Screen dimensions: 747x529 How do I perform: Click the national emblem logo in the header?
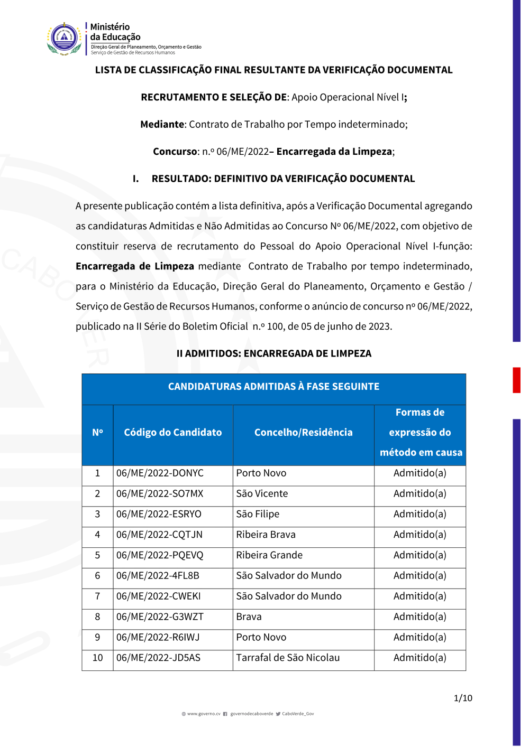click(x=64, y=39)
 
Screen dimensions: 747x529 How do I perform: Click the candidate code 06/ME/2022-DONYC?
click(x=160, y=473)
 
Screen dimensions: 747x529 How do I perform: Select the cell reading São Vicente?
click(x=262, y=494)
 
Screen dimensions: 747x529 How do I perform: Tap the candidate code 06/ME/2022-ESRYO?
click(x=159, y=515)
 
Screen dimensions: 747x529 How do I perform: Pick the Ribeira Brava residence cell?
click(x=266, y=535)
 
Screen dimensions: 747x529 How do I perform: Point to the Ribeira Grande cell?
click(x=269, y=555)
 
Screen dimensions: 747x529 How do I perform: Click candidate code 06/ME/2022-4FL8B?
click(x=158, y=576)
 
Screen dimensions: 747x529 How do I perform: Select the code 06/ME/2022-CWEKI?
click(x=158, y=596)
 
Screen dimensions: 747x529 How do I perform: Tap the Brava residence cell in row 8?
click(x=249, y=617)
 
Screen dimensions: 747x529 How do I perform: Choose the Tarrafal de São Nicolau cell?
click(x=288, y=658)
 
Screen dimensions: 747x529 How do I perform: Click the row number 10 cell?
click(x=97, y=658)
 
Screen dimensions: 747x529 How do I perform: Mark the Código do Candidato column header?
click(x=173, y=433)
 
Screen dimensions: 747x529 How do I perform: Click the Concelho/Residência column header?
click(x=303, y=433)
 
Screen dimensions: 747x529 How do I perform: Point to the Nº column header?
click(x=97, y=433)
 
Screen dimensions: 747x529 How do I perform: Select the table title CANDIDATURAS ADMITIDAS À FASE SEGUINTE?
click(x=273, y=387)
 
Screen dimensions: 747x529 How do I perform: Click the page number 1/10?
click(x=463, y=698)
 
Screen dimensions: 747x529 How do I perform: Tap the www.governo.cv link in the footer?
click(x=204, y=714)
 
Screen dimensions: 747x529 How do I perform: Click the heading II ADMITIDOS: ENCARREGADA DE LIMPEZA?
click(x=273, y=353)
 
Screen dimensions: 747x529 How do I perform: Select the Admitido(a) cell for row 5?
click(x=419, y=555)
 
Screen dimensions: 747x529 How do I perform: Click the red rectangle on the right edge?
click(x=516, y=380)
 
